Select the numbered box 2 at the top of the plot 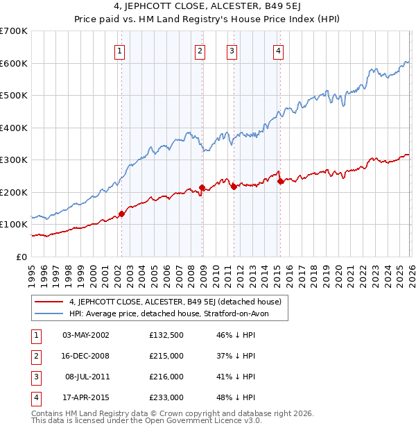[200, 50]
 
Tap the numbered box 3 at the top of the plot [232, 50]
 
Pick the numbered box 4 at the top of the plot [278, 50]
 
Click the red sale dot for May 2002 [121, 214]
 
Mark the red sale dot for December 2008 [202, 187]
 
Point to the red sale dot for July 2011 [234, 187]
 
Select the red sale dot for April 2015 [280, 182]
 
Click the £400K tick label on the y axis [13, 128]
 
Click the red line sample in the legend [49, 302]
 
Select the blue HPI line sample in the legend [49, 314]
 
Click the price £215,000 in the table [166, 356]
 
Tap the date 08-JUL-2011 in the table [85, 377]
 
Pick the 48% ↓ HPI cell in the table [235, 397]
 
